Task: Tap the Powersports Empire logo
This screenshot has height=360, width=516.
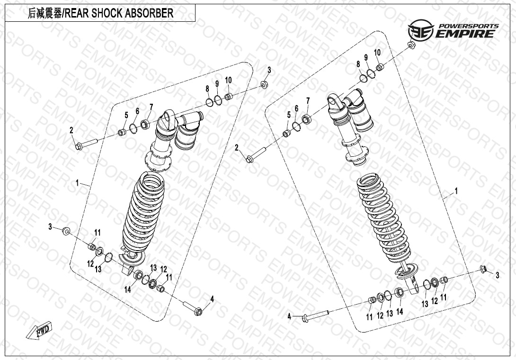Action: (x=453, y=30)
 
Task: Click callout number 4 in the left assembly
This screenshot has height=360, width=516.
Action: (x=212, y=299)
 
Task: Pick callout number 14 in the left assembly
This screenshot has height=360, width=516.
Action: (x=128, y=290)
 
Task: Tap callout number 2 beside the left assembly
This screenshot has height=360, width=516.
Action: (x=71, y=130)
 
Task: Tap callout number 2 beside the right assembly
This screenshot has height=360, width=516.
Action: (x=237, y=148)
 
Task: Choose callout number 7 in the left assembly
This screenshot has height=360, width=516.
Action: (x=151, y=106)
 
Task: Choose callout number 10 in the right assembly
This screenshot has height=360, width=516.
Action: (x=377, y=52)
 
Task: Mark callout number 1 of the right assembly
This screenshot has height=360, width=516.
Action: (x=456, y=191)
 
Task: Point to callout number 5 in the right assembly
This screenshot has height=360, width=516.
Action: (x=288, y=115)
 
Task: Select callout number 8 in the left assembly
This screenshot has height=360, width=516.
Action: (x=207, y=89)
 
